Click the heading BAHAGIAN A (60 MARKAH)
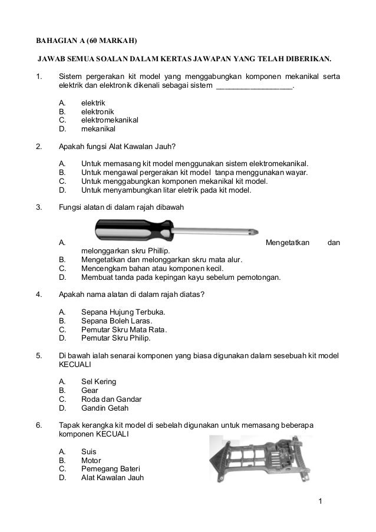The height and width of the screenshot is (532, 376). [86, 41]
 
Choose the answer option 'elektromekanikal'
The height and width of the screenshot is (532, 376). [110, 120]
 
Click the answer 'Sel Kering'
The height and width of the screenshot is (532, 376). [98, 382]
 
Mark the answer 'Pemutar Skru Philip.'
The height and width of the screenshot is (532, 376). [116, 338]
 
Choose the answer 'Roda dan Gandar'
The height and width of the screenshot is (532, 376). [111, 399]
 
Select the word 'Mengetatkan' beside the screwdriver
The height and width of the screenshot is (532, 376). [288, 242]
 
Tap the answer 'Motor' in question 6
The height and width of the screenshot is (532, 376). [91, 460]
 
